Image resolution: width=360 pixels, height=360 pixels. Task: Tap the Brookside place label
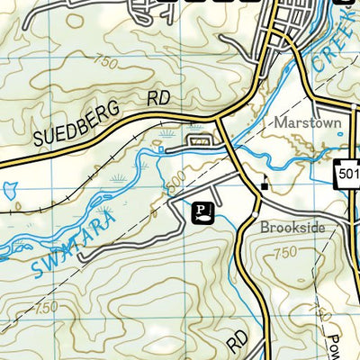[x=292, y=228]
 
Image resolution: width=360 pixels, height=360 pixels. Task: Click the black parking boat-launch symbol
[x=204, y=211]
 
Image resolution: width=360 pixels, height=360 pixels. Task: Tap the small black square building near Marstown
[x=264, y=186]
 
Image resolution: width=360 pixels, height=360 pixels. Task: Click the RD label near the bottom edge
[x=237, y=338]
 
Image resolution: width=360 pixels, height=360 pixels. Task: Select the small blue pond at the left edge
[x=10, y=191]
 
